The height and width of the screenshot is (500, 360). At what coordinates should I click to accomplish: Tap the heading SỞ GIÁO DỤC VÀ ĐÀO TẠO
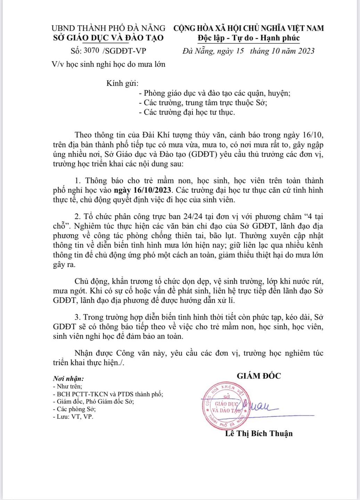(108, 37)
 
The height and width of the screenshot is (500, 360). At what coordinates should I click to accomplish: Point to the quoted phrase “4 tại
(313, 217)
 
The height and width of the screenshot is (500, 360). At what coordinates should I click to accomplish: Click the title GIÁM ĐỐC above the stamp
(259, 375)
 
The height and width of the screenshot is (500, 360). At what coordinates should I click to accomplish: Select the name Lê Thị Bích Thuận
(259, 433)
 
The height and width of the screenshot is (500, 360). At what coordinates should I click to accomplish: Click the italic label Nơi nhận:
(68, 378)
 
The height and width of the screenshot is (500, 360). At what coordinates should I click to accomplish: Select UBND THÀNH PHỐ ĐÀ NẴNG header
(108, 28)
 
